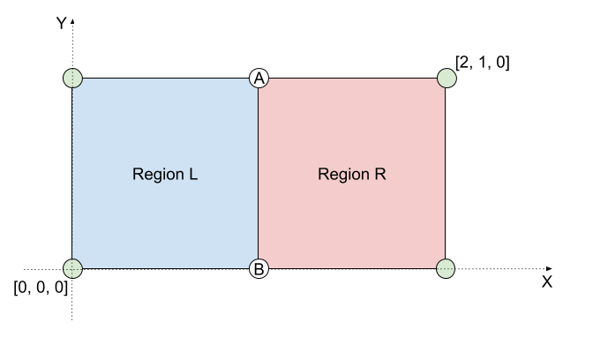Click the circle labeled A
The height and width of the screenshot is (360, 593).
click(x=259, y=79)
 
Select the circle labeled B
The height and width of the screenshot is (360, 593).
click(x=259, y=269)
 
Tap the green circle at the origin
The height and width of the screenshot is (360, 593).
click(x=73, y=268)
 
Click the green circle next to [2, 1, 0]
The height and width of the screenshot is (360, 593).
click(x=447, y=78)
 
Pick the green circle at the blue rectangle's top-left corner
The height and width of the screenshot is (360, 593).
click(x=73, y=78)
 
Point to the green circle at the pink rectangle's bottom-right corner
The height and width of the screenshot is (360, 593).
click(x=446, y=268)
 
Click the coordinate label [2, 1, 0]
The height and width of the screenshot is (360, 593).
click(x=482, y=63)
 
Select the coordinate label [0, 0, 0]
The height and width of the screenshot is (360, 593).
click(x=41, y=288)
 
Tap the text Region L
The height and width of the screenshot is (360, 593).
click(x=165, y=174)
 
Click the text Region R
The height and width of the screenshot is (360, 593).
click(x=352, y=174)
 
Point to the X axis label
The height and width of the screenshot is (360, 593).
click(x=546, y=282)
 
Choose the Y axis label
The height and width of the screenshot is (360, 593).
click(x=61, y=24)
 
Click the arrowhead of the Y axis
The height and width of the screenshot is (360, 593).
click(x=73, y=19)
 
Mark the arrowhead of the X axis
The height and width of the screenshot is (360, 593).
click(x=550, y=268)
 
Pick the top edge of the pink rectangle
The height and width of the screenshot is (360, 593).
click(x=352, y=79)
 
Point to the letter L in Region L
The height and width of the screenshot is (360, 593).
click(x=192, y=174)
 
